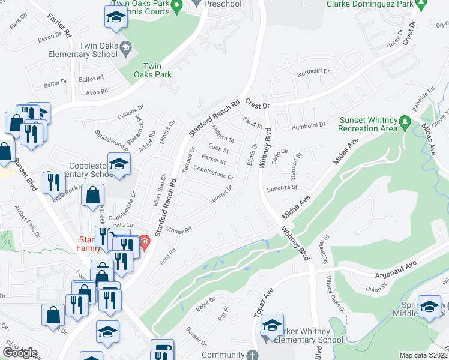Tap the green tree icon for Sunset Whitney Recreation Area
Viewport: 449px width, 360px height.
406,122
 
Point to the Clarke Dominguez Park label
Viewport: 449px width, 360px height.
370,4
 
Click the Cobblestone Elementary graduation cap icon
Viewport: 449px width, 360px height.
119,163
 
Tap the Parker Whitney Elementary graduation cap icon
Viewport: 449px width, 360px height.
272,325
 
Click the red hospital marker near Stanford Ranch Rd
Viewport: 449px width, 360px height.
145,244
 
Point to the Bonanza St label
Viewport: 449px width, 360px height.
282,187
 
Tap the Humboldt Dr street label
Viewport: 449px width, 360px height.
309,125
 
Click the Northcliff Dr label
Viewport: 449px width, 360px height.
313,71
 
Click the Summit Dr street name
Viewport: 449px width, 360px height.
221,193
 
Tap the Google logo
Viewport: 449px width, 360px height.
20,353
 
